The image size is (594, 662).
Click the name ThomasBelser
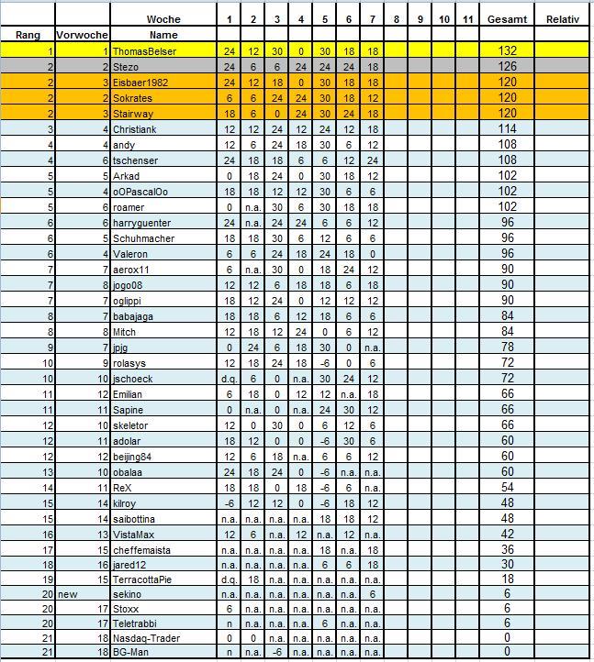144,51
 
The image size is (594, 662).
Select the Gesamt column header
508,19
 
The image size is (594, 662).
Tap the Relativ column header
562,19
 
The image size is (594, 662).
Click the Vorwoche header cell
82,35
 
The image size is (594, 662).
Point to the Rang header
27,35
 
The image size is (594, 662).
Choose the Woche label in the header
163,19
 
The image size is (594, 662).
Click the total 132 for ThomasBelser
508,51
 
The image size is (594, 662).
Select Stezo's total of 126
508,67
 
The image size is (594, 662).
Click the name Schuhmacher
144,238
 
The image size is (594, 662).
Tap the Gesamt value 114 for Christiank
508,129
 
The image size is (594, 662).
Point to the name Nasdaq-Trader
147,636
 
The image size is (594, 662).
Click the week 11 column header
467,19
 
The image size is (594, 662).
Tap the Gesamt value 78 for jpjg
508,348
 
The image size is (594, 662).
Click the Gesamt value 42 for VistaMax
508,534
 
